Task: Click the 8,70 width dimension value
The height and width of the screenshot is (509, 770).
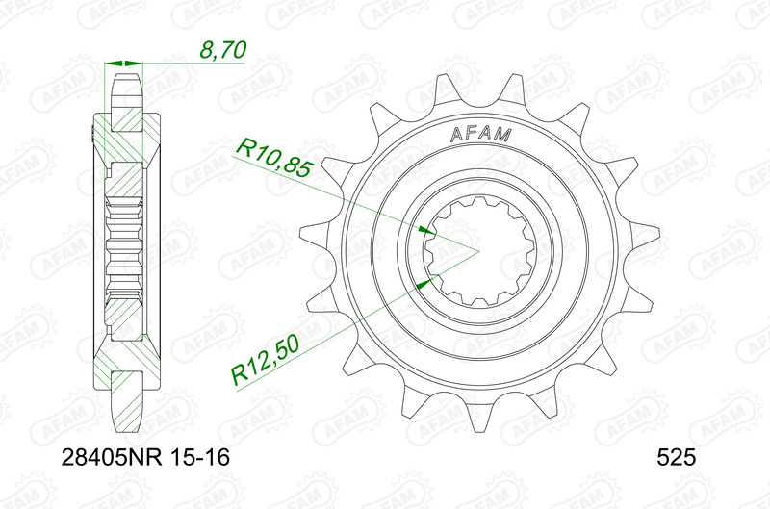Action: (220, 48)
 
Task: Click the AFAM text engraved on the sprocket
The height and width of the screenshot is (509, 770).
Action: (480, 136)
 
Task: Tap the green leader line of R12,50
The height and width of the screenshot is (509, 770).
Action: (327, 326)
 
